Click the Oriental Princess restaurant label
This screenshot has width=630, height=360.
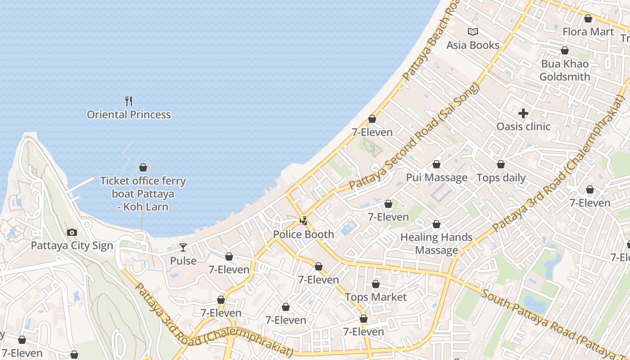click(129, 115)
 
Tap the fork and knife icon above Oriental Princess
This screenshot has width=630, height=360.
click(129, 101)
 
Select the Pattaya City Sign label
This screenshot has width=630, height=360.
click(72, 246)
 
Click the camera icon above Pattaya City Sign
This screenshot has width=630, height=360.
click(72, 233)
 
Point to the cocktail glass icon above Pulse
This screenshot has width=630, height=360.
click(183, 247)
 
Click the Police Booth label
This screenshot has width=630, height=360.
click(304, 234)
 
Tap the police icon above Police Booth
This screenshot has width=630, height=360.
click(304, 221)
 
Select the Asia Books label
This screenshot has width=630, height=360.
click(473, 45)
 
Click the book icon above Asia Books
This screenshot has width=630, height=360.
click(473, 31)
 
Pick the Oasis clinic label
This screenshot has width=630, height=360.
click(523, 126)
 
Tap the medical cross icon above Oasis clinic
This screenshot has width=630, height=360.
click(523, 113)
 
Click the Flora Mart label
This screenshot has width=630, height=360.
click(588, 31)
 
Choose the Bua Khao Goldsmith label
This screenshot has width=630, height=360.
click(565, 70)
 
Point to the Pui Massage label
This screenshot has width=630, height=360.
click(436, 178)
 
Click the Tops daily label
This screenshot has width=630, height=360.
click(501, 178)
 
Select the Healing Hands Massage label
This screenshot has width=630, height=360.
click(436, 243)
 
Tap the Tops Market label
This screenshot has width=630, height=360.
click(376, 297)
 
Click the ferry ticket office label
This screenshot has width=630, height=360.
click(143, 194)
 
